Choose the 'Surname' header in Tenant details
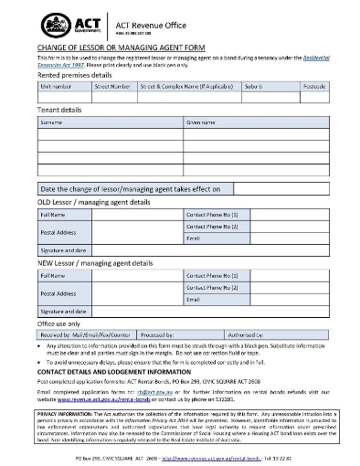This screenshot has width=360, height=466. tap(52, 122)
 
